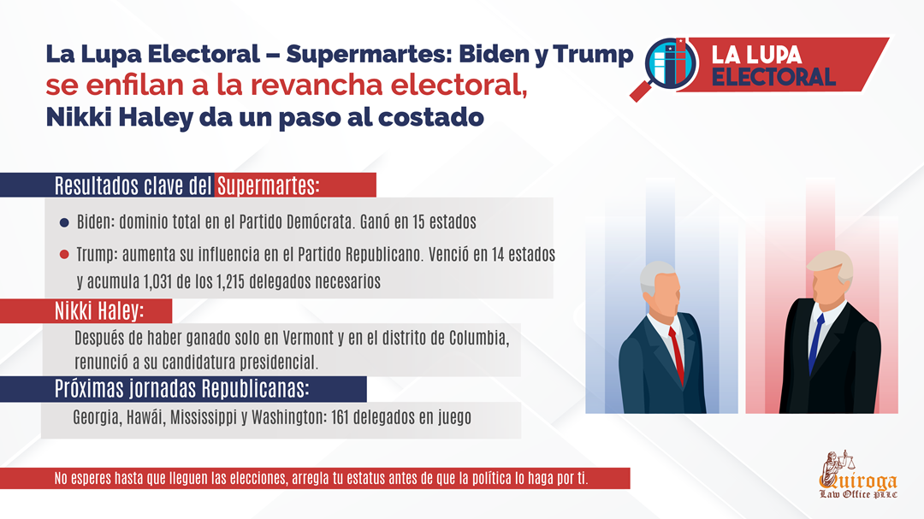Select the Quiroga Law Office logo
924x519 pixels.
coord(858,475)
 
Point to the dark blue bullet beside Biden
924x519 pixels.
coord(64,222)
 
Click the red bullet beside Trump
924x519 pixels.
coord(64,255)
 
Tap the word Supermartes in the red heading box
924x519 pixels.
coord(268,186)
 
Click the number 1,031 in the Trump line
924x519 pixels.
coord(157,281)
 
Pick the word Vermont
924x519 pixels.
coord(308,338)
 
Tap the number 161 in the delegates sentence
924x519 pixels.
coord(341,417)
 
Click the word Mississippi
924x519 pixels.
coord(204,417)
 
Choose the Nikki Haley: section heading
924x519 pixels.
coord(99,311)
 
